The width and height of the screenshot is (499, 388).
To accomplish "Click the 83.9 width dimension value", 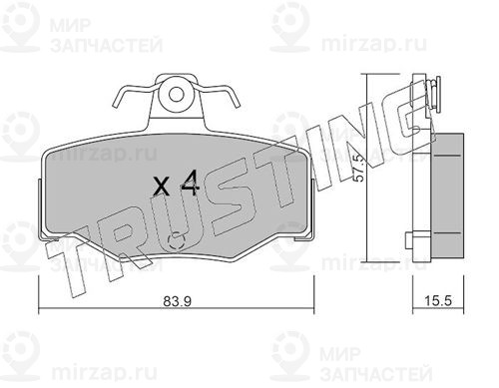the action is coord(178,301).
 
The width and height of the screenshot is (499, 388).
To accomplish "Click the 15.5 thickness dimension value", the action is coord(438,301).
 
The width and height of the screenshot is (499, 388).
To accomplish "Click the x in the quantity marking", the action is coord(162,187).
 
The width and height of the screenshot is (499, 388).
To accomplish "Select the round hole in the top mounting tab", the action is coord(176,95).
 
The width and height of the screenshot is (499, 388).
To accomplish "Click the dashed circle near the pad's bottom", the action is coord(177,240).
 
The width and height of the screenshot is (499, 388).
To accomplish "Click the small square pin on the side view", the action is coord(409,240).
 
